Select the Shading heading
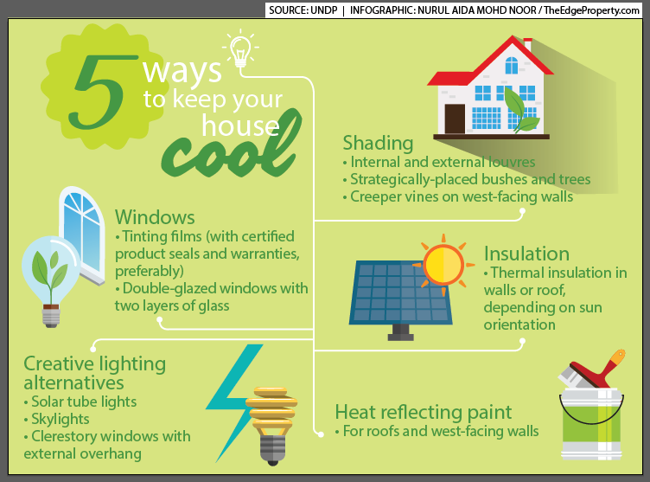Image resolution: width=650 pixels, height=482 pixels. click(378, 144)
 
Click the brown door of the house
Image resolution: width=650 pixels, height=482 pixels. click(455, 119)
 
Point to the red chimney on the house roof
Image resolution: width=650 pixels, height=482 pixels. click(528, 44)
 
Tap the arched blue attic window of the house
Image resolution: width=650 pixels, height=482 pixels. click(512, 65)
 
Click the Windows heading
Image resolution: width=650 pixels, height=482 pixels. click(155, 217)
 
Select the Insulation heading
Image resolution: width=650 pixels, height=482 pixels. click(526, 254)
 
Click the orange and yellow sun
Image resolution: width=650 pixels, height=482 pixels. click(443, 265)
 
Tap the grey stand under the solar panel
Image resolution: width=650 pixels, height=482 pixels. click(400, 332)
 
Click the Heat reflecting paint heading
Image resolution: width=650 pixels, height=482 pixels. click(424, 412)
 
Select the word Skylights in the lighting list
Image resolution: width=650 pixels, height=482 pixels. click(61, 420)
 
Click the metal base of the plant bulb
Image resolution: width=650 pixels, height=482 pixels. click(51, 317)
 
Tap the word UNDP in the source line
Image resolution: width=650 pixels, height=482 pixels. click(324, 10)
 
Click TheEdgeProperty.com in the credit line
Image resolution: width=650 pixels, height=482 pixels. click(591, 10)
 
